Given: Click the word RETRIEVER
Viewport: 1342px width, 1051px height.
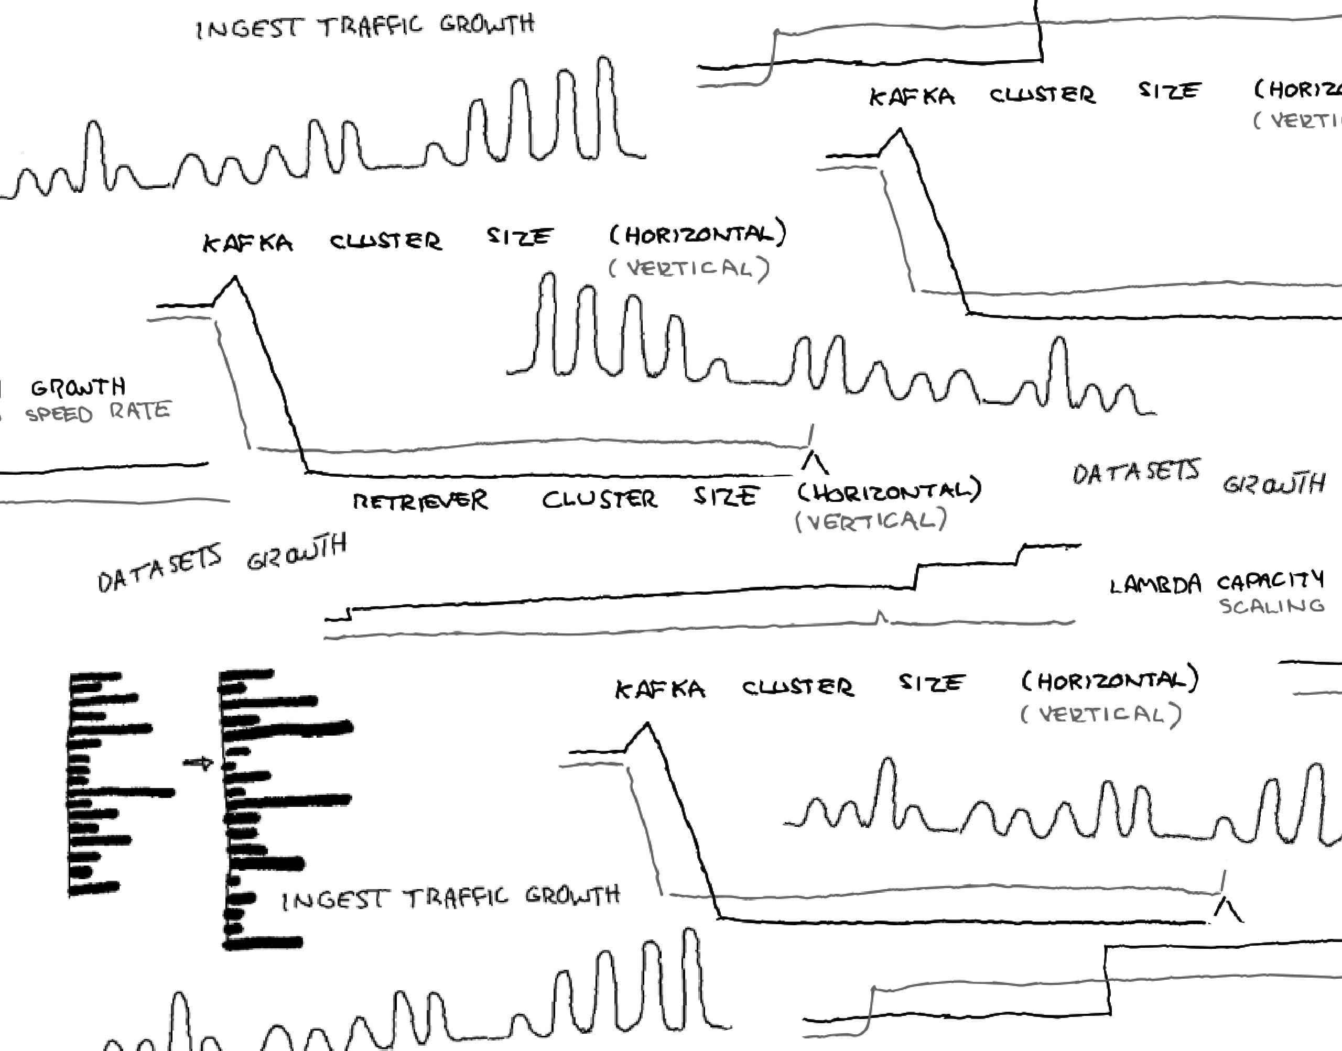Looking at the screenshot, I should [420, 501].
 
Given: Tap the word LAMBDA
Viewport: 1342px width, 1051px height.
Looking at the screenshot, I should [1155, 585].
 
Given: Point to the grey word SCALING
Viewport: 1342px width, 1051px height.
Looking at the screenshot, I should [1272, 607].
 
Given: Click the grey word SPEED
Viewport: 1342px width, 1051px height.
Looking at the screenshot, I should [59, 414].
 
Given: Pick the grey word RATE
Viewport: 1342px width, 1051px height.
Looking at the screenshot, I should [140, 410].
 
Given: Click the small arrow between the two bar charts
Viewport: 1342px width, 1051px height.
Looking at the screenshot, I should [198, 764].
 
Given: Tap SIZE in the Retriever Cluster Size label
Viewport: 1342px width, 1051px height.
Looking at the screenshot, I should [724, 496].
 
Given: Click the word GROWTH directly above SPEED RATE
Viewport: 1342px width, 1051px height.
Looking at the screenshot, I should [78, 388].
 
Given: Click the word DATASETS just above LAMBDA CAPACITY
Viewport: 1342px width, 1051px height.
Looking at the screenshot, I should [1136, 472].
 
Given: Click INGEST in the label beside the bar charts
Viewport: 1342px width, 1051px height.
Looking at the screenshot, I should [334, 900].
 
